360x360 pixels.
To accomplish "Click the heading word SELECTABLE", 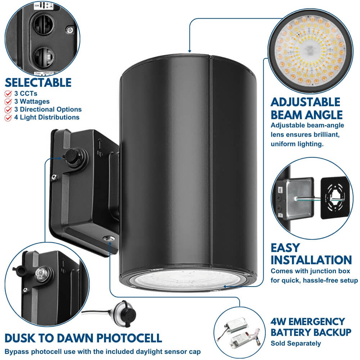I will [38, 83].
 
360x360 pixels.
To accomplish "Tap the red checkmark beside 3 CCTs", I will [8, 94].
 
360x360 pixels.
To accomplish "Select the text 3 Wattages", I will [32, 102].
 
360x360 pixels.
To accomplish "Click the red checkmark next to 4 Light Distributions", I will [8, 117].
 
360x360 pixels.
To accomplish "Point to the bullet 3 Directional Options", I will [48, 109].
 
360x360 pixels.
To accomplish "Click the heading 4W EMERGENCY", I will [308, 321].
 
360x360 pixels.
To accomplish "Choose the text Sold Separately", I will [296, 343].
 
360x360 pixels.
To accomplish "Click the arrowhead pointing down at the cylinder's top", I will [189, 50].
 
